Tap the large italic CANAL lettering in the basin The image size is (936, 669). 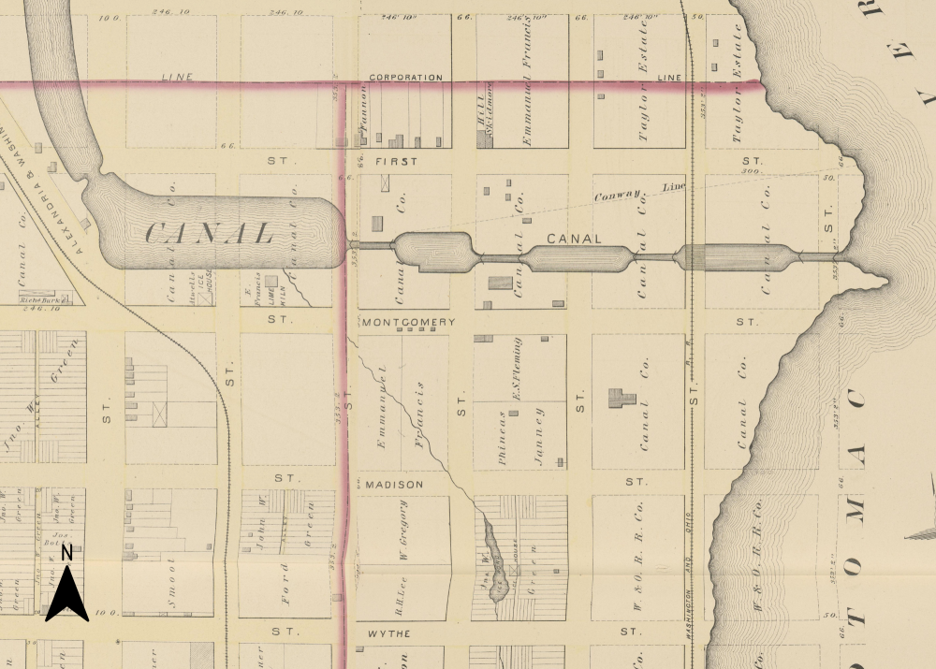click(210, 233)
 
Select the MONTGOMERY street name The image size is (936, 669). click(407, 321)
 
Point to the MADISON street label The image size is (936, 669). click(394, 485)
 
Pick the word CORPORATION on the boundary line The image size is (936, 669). click(405, 78)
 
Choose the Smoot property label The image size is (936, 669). click(171, 586)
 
